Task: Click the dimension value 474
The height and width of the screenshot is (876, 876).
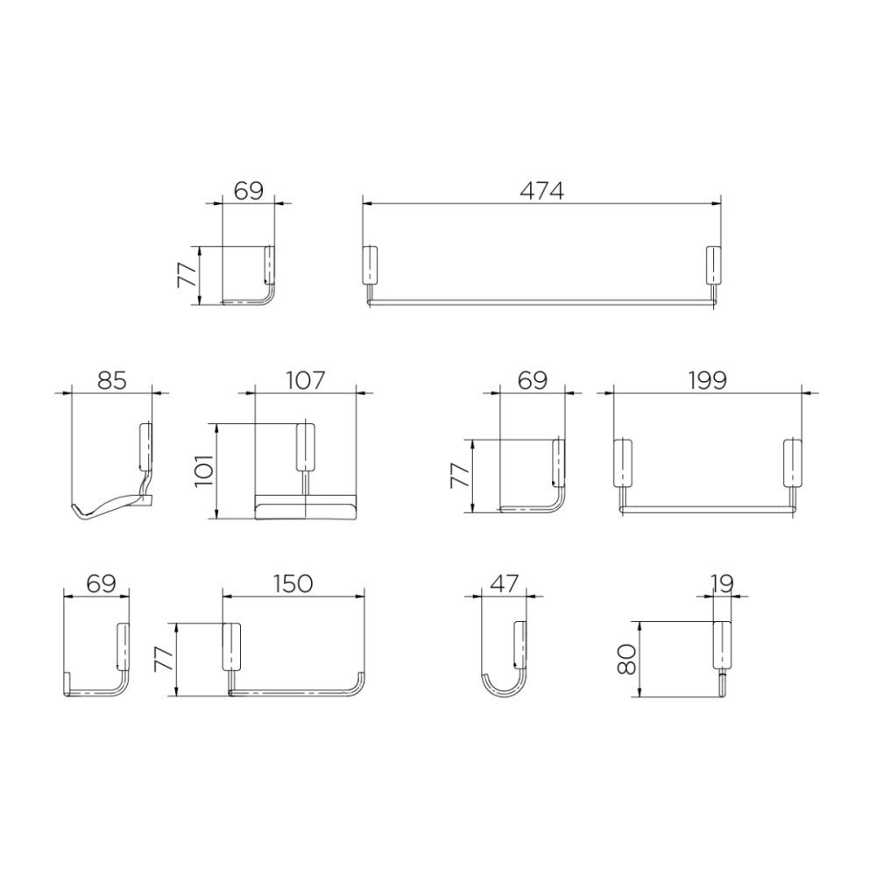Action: [x=541, y=192]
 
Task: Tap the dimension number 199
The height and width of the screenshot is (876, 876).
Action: [x=707, y=381]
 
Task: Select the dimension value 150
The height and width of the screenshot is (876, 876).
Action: [x=293, y=584]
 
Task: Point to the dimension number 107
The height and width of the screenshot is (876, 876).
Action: [x=305, y=381]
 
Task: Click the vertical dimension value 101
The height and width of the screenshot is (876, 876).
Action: [x=204, y=470]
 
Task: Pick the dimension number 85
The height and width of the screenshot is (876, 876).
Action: [x=112, y=381]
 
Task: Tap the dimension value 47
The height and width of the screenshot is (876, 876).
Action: [x=505, y=584]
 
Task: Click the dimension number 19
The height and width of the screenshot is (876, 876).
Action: [x=723, y=584]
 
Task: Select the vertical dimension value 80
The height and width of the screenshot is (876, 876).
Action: [x=628, y=660]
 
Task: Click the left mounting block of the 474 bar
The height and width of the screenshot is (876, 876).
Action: [x=370, y=266]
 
